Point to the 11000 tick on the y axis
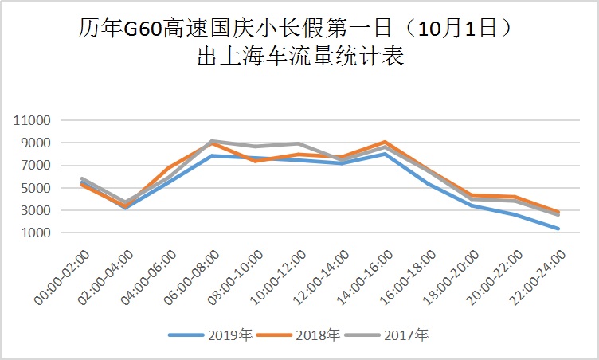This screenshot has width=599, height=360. pos(33,121)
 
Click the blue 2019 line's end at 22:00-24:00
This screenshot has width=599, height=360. pos(558,229)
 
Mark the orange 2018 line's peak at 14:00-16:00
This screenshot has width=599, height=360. pos(385,142)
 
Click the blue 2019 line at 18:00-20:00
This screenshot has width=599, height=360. pos(472,205)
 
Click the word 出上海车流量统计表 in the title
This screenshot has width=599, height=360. pos(299,57)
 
